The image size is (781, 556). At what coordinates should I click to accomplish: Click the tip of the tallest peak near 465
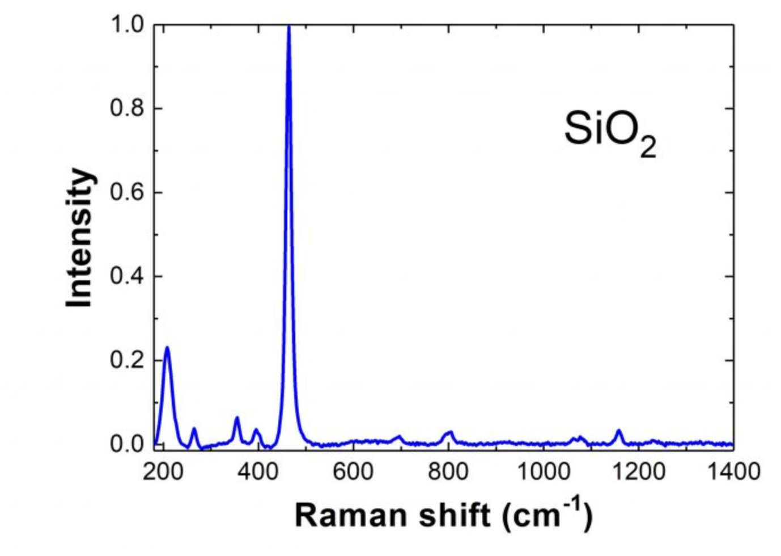click(289, 27)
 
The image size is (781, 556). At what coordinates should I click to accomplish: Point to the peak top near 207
click(167, 347)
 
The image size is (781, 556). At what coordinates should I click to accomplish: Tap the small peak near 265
click(194, 429)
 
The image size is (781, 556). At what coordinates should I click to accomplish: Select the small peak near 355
click(237, 418)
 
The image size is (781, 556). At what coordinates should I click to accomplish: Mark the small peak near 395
click(256, 429)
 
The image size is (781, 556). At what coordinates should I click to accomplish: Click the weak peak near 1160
click(619, 431)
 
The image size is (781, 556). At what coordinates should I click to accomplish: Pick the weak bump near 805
click(451, 432)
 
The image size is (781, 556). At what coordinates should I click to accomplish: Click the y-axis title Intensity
click(79, 238)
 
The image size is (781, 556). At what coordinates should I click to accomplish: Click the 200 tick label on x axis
click(163, 472)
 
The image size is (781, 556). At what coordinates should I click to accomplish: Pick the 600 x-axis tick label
click(353, 472)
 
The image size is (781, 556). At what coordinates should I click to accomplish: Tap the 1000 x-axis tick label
click(544, 472)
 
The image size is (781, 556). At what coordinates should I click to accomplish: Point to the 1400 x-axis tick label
click(734, 472)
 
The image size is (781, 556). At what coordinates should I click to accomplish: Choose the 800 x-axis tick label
click(448, 472)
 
